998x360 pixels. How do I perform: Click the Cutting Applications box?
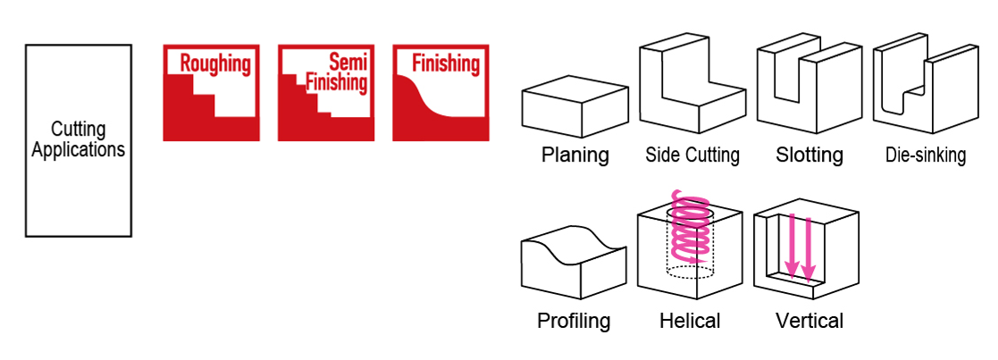(x=78, y=140)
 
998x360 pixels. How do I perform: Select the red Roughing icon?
(x=211, y=93)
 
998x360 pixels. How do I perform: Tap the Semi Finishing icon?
(x=326, y=93)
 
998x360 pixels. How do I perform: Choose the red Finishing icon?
(x=440, y=93)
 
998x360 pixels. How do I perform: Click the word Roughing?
(x=215, y=64)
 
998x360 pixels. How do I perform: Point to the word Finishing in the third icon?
(x=445, y=64)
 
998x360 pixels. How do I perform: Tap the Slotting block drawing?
(x=809, y=85)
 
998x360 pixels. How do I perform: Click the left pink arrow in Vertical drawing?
(x=791, y=246)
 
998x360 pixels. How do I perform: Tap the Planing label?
(x=574, y=155)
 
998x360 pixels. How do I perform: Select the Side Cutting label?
(x=692, y=155)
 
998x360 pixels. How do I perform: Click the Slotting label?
(x=809, y=155)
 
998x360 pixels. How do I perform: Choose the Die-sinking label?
(x=926, y=155)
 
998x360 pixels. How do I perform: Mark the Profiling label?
(x=574, y=321)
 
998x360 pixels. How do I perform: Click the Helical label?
(x=690, y=321)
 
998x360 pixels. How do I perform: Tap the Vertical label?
(x=809, y=321)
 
